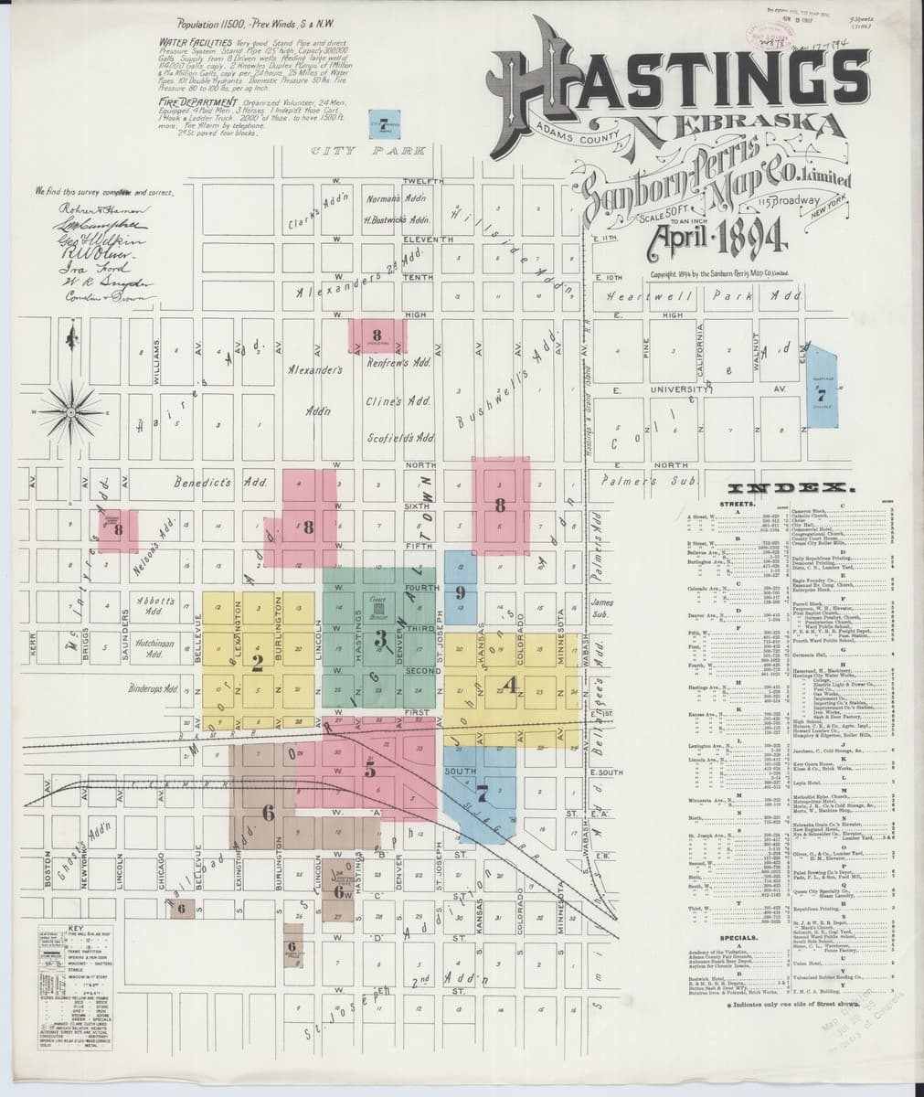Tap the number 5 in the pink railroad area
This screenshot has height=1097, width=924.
[x=370, y=770]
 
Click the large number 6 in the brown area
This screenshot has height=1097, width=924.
[x=268, y=811]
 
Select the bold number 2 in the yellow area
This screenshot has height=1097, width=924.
[x=258, y=660]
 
